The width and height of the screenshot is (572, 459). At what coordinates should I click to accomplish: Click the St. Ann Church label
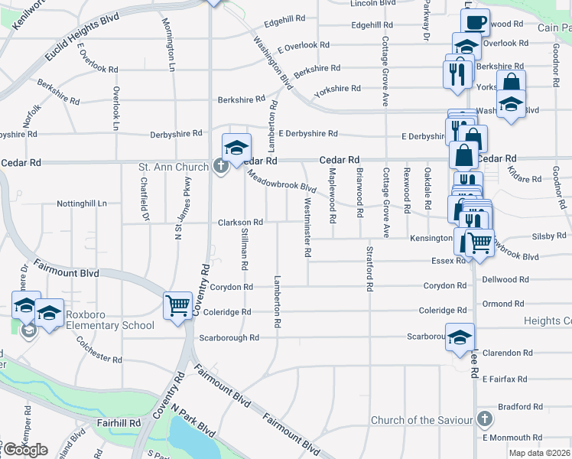click(x=173, y=167)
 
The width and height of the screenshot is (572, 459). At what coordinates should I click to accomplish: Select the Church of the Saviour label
click(x=421, y=420)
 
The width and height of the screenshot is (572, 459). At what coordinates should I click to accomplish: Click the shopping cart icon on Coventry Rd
click(x=177, y=305)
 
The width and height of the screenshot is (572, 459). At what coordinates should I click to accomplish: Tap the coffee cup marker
click(x=475, y=22)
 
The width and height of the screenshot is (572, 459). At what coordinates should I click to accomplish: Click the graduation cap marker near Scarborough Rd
click(x=460, y=337)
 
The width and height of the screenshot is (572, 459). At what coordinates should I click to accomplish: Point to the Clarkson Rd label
click(x=240, y=223)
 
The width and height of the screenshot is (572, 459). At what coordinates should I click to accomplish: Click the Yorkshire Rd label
click(x=336, y=89)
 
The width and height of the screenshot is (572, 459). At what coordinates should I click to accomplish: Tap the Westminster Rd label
click(x=308, y=227)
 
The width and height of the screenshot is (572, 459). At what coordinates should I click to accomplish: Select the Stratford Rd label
click(x=369, y=269)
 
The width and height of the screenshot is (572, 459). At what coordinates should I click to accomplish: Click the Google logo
click(x=25, y=450)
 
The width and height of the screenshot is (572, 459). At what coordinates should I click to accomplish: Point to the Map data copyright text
click(x=541, y=452)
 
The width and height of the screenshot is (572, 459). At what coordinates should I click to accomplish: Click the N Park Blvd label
click(x=193, y=421)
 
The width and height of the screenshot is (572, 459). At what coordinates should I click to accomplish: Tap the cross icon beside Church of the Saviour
click(x=483, y=419)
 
